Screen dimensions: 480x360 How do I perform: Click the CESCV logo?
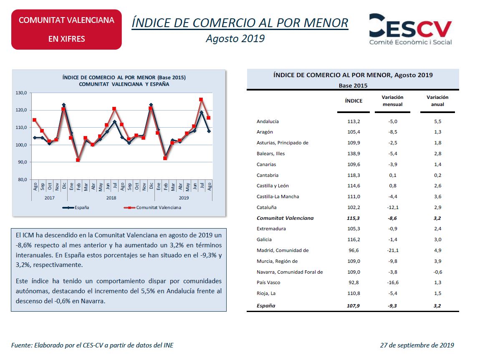pos(410,29)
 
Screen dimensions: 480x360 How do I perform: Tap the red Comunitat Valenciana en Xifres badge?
pos(66,29)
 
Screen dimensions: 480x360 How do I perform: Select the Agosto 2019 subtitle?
pos(235,38)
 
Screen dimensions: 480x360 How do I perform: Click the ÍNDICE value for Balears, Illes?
pos(354,154)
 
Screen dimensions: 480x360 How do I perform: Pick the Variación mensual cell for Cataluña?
pos(393,207)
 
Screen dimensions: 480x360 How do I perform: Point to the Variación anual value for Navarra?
pos(438,272)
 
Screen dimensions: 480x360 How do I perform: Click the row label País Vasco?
pos(268,282)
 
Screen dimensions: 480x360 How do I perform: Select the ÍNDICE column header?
pos(354,101)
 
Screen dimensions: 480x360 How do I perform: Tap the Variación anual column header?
pos(437,101)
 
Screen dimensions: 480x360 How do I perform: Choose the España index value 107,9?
pos(353,305)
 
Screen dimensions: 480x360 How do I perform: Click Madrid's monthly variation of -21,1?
pos(393,250)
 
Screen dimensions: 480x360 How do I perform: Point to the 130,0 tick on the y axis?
pos(21,93)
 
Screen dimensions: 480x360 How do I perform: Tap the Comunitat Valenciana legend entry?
pos(152,207)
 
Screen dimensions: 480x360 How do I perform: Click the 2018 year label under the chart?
pos(111,198)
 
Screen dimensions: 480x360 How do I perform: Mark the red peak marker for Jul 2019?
pos(201,99)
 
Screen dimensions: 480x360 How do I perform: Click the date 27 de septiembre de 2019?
pos(417,345)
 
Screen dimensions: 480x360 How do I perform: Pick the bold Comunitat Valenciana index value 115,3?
pos(353,218)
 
